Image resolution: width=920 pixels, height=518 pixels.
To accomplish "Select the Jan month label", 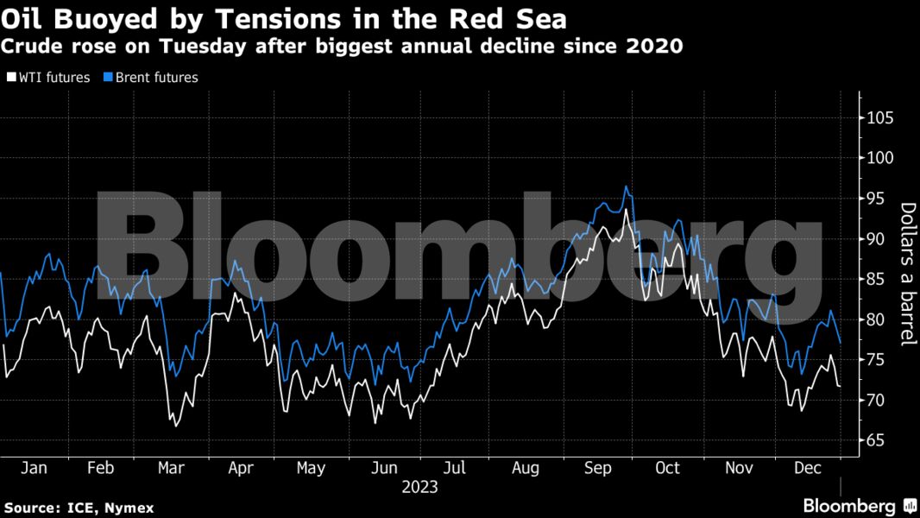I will pyautogui.click(x=34, y=468).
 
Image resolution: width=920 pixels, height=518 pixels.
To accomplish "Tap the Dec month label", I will pyautogui.click(x=808, y=468).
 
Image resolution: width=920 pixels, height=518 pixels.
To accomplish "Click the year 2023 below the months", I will pyautogui.click(x=419, y=487).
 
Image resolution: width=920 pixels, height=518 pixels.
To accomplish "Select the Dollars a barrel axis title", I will pyautogui.click(x=908, y=275).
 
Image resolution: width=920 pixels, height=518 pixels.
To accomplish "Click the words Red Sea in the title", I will pyautogui.click(x=518, y=18).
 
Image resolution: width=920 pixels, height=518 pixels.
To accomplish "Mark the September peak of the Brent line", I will pyautogui.click(x=627, y=186).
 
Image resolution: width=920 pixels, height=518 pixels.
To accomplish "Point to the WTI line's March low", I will pyautogui.click(x=176, y=426).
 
